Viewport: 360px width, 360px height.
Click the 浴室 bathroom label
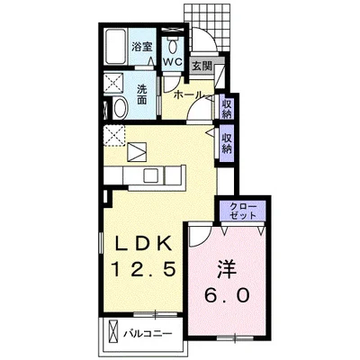point(142,47)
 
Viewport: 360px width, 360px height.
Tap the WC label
point(173,62)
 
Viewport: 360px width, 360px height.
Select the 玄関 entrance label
point(202,66)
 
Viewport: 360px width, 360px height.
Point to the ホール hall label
point(188,94)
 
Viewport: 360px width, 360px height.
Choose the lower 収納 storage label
point(227,143)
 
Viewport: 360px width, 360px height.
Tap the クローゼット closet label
point(243,211)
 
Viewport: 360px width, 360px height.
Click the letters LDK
point(144,243)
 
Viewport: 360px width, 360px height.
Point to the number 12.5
point(143,268)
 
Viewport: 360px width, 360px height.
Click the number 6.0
point(227,294)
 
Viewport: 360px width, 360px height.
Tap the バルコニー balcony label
point(148,333)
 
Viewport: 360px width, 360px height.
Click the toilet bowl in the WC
point(173,45)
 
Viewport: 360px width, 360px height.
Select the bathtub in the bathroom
point(116,47)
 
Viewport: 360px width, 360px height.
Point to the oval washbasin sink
point(121,108)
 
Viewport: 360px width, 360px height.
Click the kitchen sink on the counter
point(153,175)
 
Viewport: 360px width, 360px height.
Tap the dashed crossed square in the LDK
point(114,136)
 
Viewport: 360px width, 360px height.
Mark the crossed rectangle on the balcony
point(113,333)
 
